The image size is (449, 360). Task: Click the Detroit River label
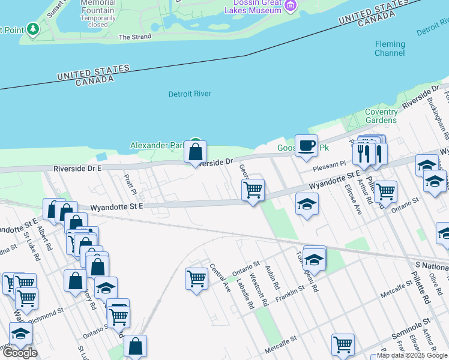point(190,94)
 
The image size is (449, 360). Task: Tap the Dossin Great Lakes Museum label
point(252,7)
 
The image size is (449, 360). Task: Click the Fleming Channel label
point(390,49)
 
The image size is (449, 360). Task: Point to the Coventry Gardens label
point(381,116)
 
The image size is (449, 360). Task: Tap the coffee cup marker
point(306,146)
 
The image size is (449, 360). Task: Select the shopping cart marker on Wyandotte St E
point(253,190)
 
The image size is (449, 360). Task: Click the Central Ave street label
point(220,278)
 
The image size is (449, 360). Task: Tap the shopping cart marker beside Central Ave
point(196,278)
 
